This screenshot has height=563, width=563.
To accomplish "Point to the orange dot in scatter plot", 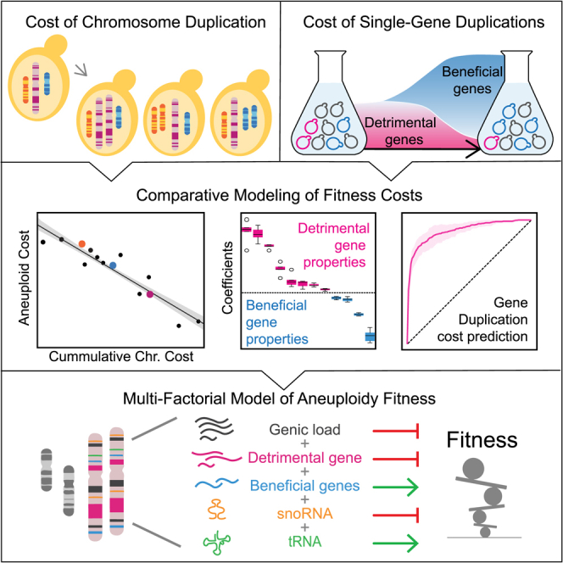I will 82,243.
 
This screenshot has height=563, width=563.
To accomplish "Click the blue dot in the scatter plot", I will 113,265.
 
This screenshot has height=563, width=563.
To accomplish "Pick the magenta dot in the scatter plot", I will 150,294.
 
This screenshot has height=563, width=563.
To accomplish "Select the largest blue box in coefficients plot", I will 370,337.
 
